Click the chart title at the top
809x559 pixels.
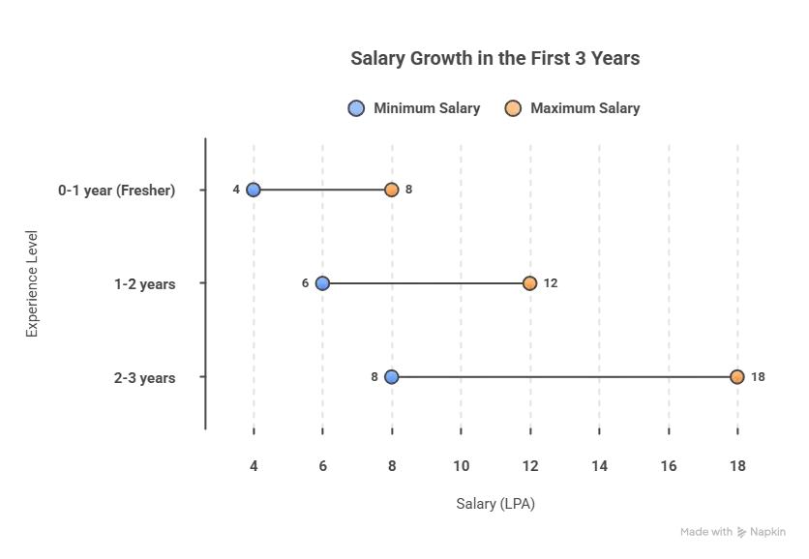point(494,60)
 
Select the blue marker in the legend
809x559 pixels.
point(356,108)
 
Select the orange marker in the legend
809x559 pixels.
point(513,108)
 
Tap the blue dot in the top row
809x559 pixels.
point(253,190)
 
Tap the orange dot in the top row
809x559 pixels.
point(391,190)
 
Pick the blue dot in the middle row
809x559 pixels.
point(322,283)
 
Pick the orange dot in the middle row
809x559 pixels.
point(529,283)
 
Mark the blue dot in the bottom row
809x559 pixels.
point(391,377)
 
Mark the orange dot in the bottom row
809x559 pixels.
point(737,377)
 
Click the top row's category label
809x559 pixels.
point(117,191)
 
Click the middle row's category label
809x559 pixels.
point(143,284)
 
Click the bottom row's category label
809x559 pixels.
point(143,378)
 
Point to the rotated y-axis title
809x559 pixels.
point(32,281)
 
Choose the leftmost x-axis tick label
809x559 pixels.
point(254,464)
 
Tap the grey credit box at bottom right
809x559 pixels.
point(731,533)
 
